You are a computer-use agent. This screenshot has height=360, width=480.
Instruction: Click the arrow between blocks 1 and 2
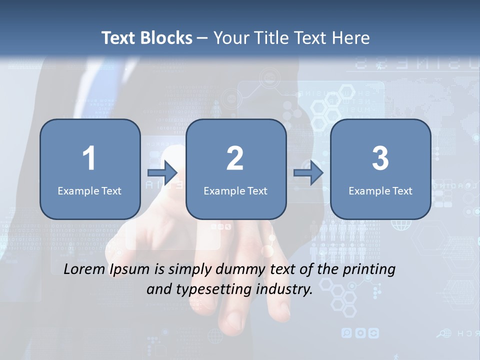pyautogui.click(x=163, y=173)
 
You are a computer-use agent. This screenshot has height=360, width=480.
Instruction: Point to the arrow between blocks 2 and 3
pyautogui.click(x=308, y=173)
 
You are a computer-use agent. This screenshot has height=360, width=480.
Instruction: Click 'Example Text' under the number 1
pyautogui.click(x=89, y=190)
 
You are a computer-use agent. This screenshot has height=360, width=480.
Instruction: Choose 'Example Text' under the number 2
pyautogui.click(x=235, y=190)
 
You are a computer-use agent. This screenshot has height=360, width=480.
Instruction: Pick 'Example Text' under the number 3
pyautogui.click(x=380, y=190)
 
